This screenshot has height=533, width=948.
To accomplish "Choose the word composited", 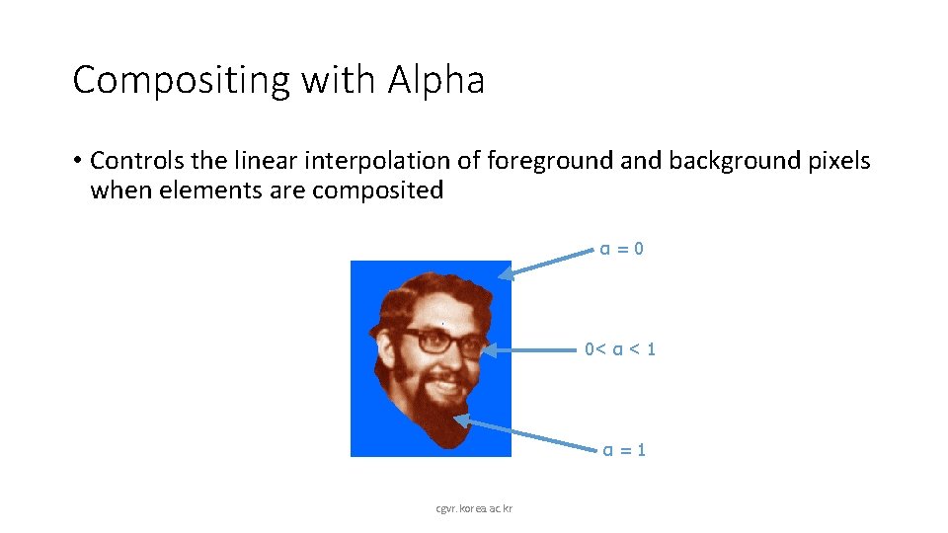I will tap(378, 190).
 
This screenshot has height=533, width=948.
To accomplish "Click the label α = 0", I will tap(622, 249).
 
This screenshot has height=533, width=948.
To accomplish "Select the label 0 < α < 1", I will tap(620, 348).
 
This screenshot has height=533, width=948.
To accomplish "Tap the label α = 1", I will tap(624, 450).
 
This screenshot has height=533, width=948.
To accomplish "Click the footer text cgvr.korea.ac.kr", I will tap(481, 508).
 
